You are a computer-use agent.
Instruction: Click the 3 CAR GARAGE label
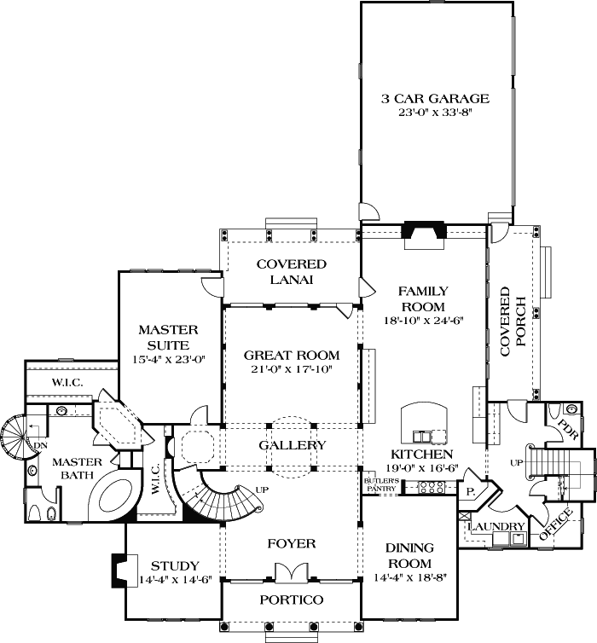pos(435,99)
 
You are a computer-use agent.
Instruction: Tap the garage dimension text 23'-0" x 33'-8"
pos(435,113)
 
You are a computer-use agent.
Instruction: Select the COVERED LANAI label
pos(292,272)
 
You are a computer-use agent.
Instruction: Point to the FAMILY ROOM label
pos(422,299)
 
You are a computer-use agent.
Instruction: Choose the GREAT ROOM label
pos(292,355)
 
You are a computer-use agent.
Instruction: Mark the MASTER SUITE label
pos(169,338)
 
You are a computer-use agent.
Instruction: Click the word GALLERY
pos(292,445)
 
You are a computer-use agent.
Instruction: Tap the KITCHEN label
pos(421,455)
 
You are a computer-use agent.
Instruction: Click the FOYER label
pos(292,543)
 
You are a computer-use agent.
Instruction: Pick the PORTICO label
pos(292,600)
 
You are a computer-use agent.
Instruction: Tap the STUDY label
pos(175,565)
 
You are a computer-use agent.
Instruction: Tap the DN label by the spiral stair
pos(40,444)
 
